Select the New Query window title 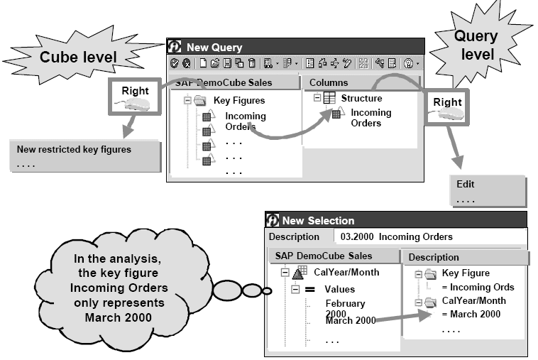214,47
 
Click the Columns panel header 329,83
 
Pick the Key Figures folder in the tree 239,101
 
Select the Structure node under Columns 361,98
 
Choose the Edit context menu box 466,184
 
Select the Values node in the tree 339,289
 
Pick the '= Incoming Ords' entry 478,287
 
